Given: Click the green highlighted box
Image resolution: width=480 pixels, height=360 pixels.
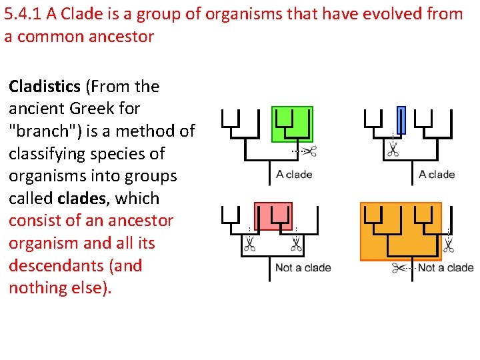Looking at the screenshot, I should point(292,124).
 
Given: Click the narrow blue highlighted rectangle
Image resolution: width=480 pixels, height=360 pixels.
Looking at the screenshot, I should point(401,120).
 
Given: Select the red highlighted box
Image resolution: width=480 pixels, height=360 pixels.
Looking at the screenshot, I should point(273,216).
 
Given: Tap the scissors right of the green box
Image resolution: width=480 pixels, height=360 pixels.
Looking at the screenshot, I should point(309,151).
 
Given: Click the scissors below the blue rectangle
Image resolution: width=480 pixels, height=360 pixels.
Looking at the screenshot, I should point(393,151).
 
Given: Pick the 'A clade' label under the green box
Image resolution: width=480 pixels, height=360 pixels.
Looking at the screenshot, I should point(294,175).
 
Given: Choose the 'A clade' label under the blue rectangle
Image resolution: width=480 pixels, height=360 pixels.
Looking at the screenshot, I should point(437,175).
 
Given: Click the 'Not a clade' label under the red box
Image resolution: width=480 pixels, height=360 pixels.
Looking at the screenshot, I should point(303,267).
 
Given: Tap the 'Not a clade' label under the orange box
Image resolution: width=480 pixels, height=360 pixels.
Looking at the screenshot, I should point(445,267).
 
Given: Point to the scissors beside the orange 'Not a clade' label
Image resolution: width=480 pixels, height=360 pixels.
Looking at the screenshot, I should point(399,268).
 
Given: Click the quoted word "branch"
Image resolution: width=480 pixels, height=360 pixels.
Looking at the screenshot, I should point(41,131).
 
